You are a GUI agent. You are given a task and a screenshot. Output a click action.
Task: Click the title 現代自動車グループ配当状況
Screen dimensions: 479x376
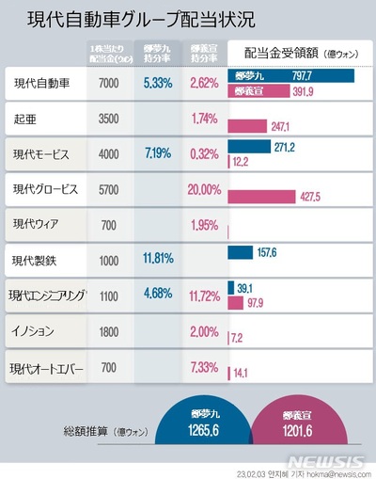(x=140, y=21)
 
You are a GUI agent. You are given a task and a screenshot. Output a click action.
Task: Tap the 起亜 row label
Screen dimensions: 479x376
(x=24, y=120)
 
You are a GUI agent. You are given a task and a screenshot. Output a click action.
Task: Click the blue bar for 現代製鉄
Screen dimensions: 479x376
(x=240, y=252)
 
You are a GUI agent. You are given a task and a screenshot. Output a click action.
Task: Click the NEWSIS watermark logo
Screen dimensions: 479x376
(x=329, y=462)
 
